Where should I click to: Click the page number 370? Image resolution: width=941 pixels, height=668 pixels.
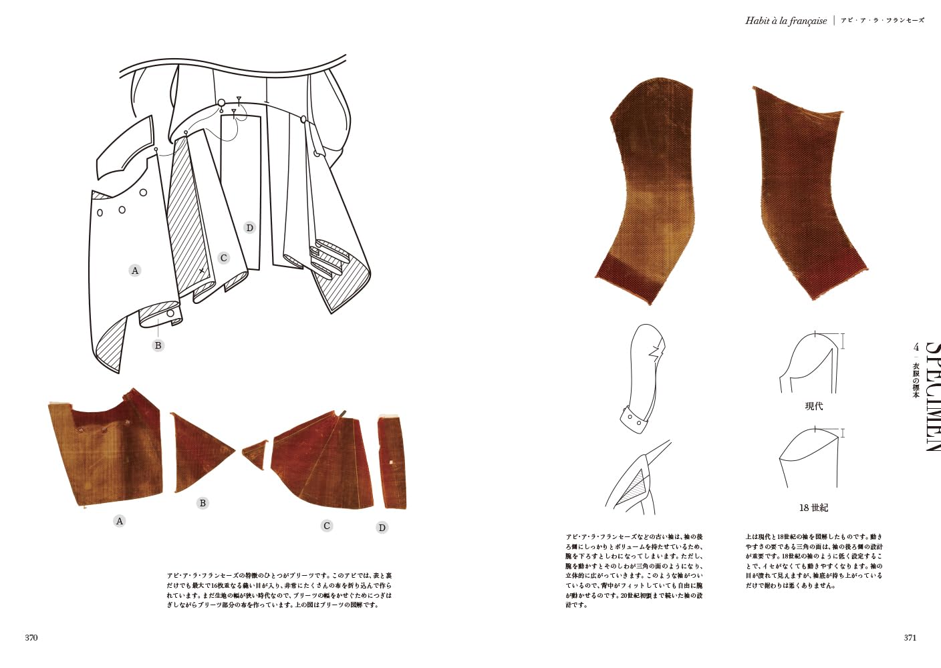(x=31, y=637)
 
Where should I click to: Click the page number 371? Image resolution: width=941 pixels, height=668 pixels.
(x=910, y=637)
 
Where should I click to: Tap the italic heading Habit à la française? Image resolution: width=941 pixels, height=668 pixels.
(x=786, y=21)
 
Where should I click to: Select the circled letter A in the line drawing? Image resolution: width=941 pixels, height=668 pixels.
(x=135, y=271)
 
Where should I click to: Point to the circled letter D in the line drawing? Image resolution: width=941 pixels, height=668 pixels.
(x=249, y=228)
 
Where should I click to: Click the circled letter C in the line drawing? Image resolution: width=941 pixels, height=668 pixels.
(x=223, y=258)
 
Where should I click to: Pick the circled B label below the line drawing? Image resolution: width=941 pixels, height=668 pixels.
(x=158, y=345)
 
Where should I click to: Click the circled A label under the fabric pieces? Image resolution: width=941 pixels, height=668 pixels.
(x=120, y=521)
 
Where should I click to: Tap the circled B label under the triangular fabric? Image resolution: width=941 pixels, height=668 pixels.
(x=203, y=503)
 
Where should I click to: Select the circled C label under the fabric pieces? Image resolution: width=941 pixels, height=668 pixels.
(x=327, y=526)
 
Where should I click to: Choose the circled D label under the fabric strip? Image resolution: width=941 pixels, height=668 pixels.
(x=382, y=528)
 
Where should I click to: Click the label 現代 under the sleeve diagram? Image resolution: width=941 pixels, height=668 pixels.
(x=813, y=406)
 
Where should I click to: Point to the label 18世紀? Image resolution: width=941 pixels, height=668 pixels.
(x=813, y=508)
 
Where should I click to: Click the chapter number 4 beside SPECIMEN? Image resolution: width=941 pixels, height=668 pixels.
(x=916, y=347)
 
